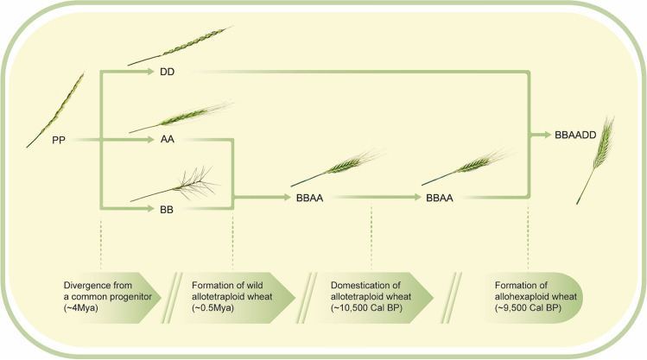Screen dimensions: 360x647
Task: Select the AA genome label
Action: pyautogui.click(x=168, y=137)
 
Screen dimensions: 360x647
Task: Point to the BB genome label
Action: pyautogui.click(x=168, y=208)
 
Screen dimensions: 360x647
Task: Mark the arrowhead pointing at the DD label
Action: pyautogui.click(x=149, y=72)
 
